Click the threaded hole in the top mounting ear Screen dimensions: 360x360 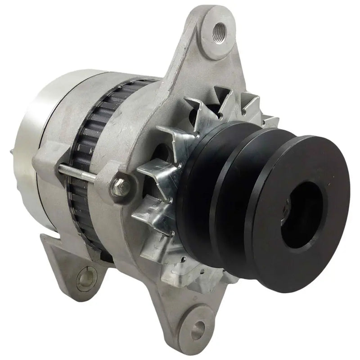point(220,31)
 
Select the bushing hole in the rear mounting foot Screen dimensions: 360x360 point(85,278)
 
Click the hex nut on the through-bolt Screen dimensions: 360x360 point(121,186)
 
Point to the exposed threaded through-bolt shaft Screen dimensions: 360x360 point(76,173)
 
